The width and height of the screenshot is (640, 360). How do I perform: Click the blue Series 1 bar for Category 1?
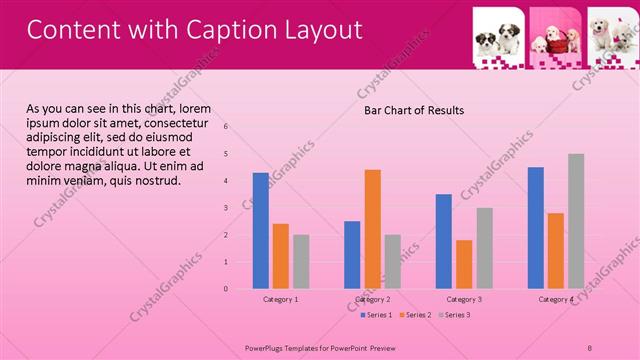pyautogui.click(x=261, y=231)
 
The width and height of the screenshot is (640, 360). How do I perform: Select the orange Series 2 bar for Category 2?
pyautogui.click(x=372, y=229)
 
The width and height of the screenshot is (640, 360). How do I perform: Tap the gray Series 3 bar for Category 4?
pyautogui.click(x=576, y=221)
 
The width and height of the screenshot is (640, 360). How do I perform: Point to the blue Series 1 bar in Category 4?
pyautogui.click(x=536, y=228)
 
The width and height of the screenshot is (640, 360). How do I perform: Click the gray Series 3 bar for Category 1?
pyautogui.click(x=301, y=262)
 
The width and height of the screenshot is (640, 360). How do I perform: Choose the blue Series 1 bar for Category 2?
pyautogui.click(x=352, y=255)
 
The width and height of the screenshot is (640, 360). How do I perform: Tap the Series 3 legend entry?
pyautogui.click(x=456, y=315)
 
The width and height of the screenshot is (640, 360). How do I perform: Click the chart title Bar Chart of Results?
pyautogui.click(x=413, y=110)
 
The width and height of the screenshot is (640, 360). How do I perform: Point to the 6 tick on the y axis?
pyautogui.click(x=226, y=127)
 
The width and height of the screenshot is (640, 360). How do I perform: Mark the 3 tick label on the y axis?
pyautogui.click(x=226, y=208)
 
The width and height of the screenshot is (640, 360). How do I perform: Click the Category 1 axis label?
pyautogui.click(x=281, y=299)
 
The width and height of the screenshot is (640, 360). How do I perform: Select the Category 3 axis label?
pyautogui.click(x=464, y=299)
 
